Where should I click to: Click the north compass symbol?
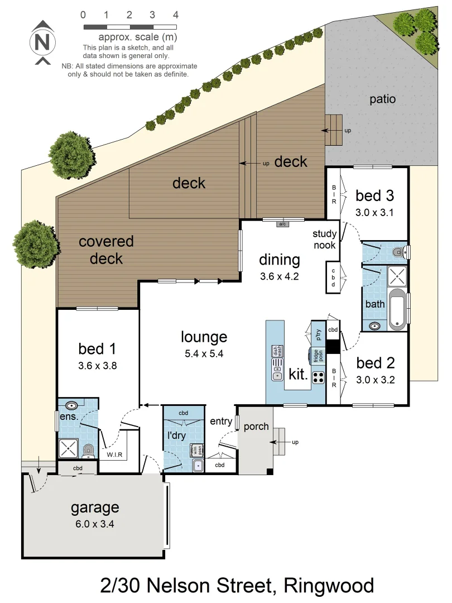click(x=42, y=42)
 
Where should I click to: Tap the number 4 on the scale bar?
click(x=176, y=15)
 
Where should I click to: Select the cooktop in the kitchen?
click(x=318, y=377)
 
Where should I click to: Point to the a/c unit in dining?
click(x=283, y=224)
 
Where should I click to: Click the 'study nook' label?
click(x=324, y=240)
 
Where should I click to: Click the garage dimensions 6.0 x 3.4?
click(x=95, y=524)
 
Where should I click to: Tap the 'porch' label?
click(x=256, y=427)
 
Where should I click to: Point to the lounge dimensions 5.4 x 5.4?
click(x=204, y=353)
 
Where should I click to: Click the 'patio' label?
click(x=382, y=99)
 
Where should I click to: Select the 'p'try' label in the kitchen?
click(x=319, y=334)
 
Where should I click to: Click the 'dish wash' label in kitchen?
click(x=276, y=352)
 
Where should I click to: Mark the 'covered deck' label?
click(x=106, y=250)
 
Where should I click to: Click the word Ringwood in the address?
click(x=329, y=586)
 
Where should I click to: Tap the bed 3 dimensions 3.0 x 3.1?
click(x=375, y=212)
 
